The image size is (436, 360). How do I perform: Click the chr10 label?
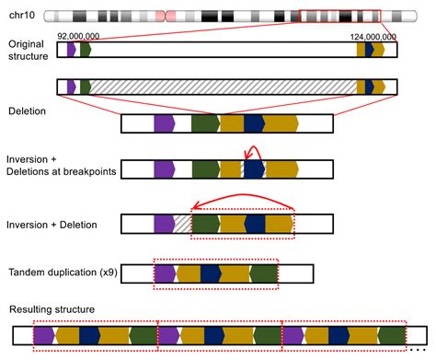22,16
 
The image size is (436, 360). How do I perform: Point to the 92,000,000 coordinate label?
78,35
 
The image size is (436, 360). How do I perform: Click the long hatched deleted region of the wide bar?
221,87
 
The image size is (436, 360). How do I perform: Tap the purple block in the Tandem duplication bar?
165,273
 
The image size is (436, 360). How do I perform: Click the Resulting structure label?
50,308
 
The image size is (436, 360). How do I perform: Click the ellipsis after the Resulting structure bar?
416,346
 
